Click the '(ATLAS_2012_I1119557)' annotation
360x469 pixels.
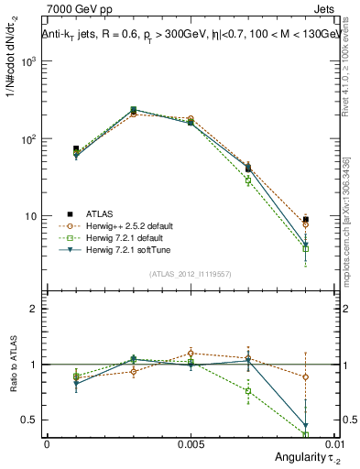coord(191,274)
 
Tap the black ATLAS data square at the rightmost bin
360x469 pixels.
coord(306,219)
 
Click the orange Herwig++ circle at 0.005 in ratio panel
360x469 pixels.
coord(191,353)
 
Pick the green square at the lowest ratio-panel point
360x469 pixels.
coord(306,434)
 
